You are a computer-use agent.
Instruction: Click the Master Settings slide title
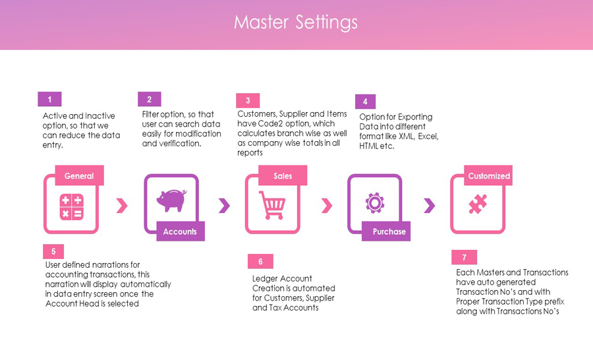[295, 22]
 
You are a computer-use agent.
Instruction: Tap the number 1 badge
[49, 99]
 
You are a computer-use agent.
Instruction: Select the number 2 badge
[150, 99]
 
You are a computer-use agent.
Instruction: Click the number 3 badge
[248, 100]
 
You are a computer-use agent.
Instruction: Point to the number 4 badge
[365, 102]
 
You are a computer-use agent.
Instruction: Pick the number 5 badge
[53, 251]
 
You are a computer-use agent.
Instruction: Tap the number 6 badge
[260, 261]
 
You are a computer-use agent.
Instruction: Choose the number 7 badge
[464, 257]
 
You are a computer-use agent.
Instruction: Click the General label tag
[80, 175]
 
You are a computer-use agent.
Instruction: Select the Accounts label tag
[181, 231]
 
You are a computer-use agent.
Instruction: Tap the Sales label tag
[283, 175]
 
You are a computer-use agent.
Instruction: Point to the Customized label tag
[488, 175]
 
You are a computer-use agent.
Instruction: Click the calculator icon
[71, 207]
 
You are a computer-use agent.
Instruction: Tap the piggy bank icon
[172, 200]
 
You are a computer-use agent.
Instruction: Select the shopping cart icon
[272, 205]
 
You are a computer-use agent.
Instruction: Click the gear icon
[375, 203]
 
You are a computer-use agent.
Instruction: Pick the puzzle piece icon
[478, 204]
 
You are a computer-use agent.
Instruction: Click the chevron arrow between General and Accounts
[122, 206]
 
